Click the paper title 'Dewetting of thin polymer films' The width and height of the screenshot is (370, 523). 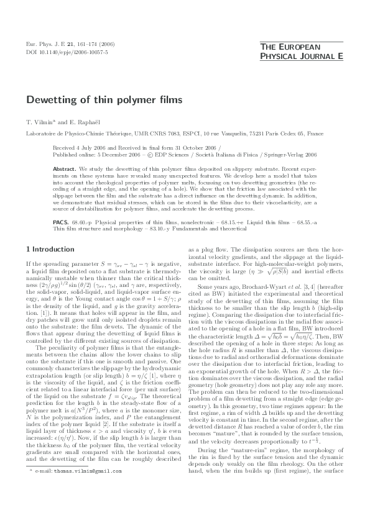tap(104, 99)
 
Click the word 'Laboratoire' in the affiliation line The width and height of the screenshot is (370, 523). tap(41, 133)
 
